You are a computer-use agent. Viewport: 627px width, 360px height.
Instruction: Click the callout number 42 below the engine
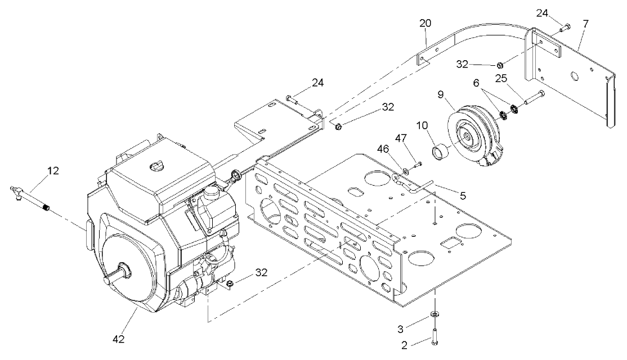(x=118, y=339)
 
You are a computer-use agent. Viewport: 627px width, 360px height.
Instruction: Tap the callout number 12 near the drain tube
(x=52, y=171)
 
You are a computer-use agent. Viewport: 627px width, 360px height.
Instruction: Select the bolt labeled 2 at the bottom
(x=436, y=335)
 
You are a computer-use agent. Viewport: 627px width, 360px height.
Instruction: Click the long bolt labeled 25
(x=534, y=99)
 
